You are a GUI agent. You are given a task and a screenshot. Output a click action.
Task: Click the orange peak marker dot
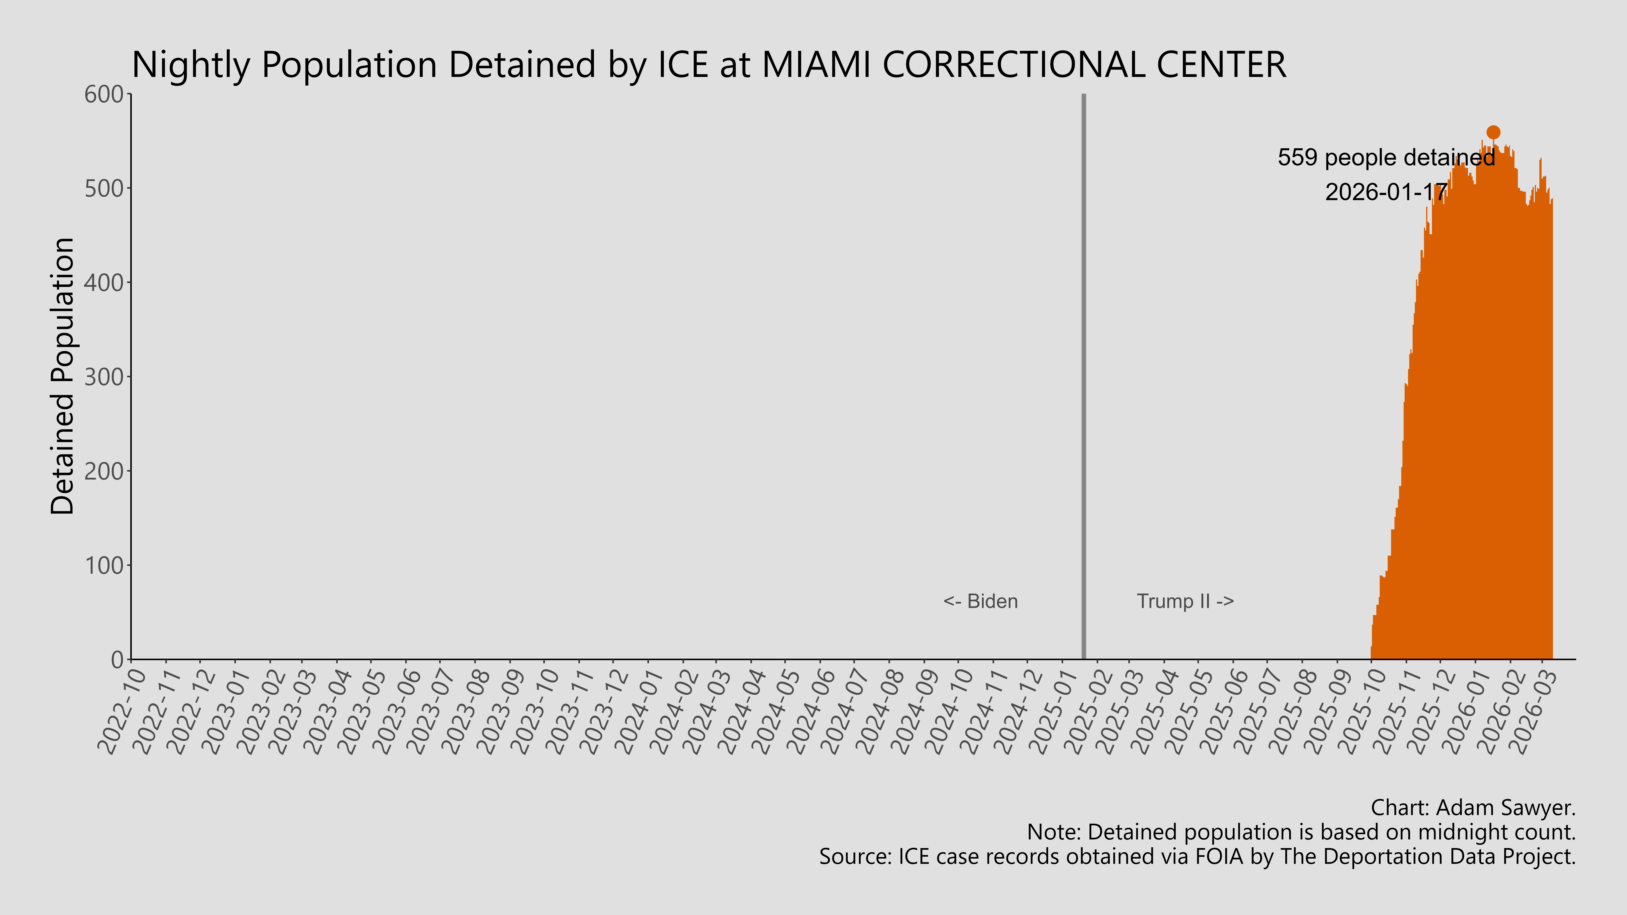(1493, 132)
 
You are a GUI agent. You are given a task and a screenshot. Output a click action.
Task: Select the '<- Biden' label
(980, 601)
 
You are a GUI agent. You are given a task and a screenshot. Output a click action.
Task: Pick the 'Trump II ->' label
(1185, 601)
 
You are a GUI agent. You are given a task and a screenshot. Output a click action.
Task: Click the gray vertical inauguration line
(1084, 379)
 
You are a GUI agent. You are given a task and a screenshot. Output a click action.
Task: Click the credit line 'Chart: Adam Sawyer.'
(1473, 808)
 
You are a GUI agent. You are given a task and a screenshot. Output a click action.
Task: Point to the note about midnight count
(1301, 832)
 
